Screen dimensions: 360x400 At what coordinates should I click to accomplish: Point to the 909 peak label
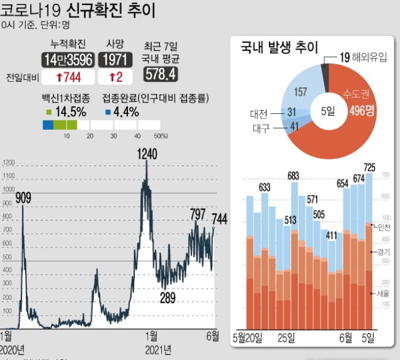[23, 198]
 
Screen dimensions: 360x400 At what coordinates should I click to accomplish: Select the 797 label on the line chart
[198, 214]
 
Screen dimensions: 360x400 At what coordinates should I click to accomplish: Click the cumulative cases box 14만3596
[68, 60]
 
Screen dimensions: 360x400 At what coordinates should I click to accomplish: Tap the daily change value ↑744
[68, 77]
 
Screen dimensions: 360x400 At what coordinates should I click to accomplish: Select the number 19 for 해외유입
[345, 59]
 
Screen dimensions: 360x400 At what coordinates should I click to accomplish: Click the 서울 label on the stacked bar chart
[382, 294]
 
